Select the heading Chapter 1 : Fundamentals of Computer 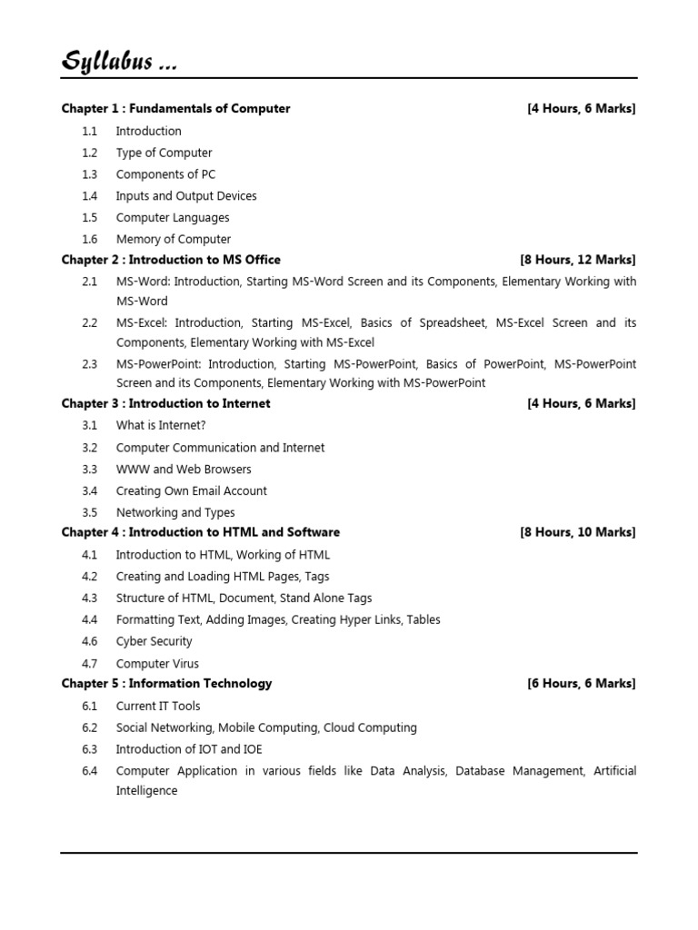[x=175, y=109]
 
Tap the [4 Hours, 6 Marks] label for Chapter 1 [x=581, y=109]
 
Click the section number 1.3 [x=89, y=174]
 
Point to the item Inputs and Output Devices [x=186, y=196]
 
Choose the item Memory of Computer [x=174, y=240]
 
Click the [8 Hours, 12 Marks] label [x=577, y=260]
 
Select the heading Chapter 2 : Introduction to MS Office [x=171, y=260]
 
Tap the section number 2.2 [x=89, y=323]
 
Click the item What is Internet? [x=155, y=425]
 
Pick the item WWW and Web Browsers [x=184, y=470]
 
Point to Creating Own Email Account [x=192, y=491]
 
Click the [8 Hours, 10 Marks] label [x=577, y=532]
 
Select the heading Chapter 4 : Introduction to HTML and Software [x=201, y=532]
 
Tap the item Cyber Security [x=155, y=641]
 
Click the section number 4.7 [x=89, y=664]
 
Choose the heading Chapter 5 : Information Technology [x=166, y=684]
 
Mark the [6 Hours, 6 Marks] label [x=581, y=684]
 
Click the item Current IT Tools [x=158, y=707]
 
